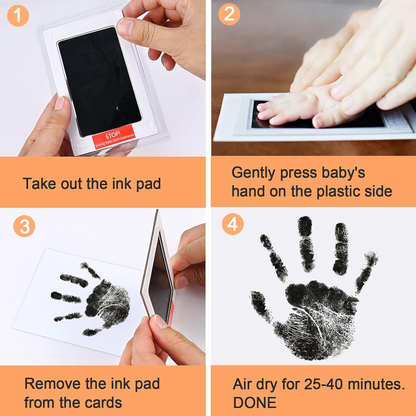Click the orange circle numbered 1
coord(18,16)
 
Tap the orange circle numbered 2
coord(229,14)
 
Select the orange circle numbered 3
coord(24,226)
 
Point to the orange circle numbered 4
coord(233,224)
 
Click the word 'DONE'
coord(255,403)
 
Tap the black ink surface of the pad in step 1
coord(98,80)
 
